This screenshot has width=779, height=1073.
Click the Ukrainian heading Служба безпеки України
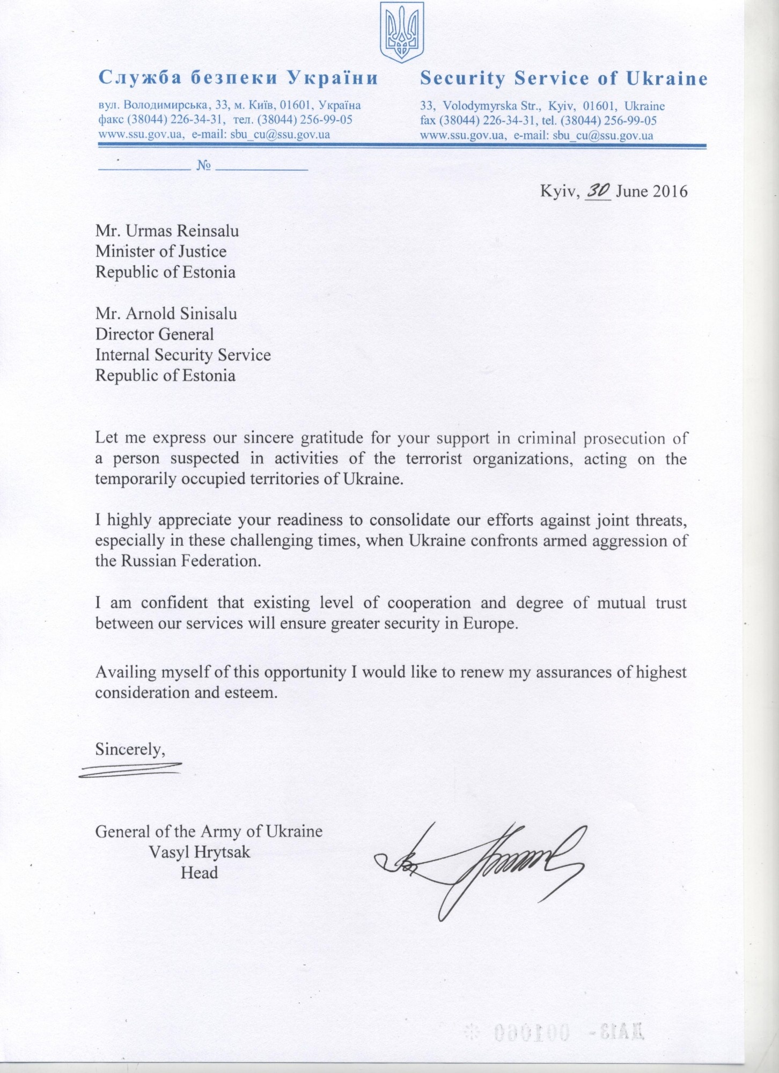point(238,78)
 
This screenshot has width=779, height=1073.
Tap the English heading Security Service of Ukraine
point(564,79)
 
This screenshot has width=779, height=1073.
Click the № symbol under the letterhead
point(203,165)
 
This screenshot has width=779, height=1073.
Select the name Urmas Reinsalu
point(182,231)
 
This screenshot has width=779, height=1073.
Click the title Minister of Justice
point(161,252)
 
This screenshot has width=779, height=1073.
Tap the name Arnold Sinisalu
point(181,313)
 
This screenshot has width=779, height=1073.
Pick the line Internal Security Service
point(183,355)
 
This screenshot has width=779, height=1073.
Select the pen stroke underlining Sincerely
point(130,769)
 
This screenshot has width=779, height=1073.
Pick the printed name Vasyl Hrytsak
point(200,852)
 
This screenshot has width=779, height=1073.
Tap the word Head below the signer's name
point(199,873)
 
